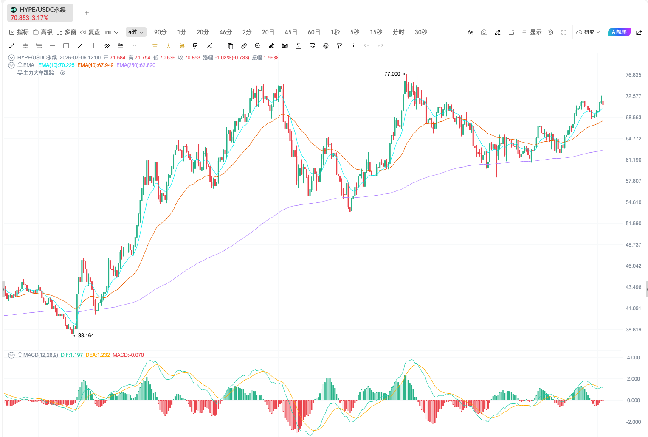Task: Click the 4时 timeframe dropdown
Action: tap(136, 32)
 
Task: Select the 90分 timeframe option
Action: tap(160, 32)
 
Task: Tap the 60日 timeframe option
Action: tap(313, 32)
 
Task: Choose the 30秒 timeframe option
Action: tap(421, 32)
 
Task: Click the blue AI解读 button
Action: tap(619, 32)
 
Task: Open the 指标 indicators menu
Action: tap(19, 32)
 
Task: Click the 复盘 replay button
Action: tap(90, 32)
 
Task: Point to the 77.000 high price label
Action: tap(392, 74)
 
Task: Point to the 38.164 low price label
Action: tap(86, 336)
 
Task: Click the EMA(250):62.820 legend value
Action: tap(136, 65)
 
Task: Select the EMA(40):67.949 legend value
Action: tap(95, 65)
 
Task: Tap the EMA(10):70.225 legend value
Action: tap(56, 65)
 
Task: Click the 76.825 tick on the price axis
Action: tap(633, 75)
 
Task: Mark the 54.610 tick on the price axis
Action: tap(633, 202)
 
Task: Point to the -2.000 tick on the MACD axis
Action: tap(633, 422)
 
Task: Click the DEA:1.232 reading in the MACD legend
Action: tap(98, 355)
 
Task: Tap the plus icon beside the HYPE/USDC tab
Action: tap(87, 13)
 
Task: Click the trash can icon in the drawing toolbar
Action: tap(352, 46)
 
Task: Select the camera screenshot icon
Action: tap(484, 32)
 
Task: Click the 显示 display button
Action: tap(532, 32)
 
